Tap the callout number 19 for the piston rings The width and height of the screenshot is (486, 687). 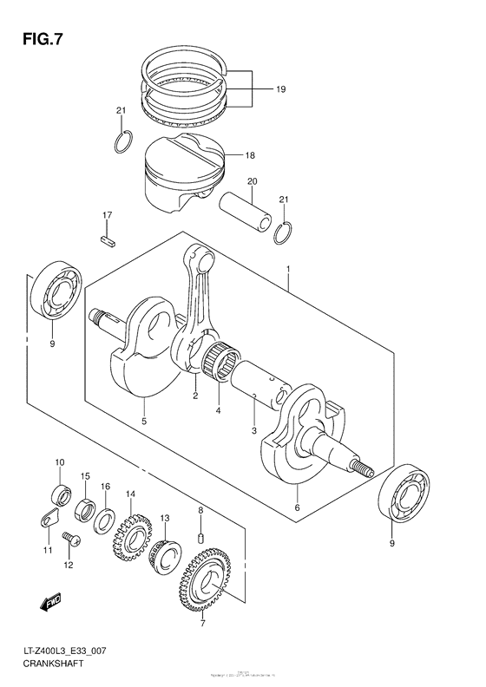point(281,89)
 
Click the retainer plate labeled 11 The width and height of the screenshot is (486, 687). point(49,520)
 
